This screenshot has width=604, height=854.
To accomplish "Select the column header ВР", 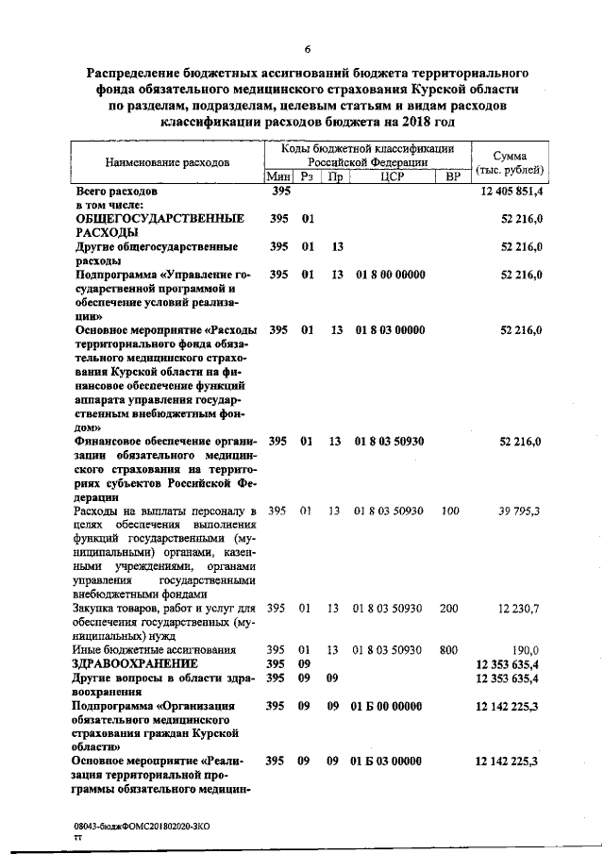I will [x=454, y=176].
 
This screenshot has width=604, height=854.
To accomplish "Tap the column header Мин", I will [x=277, y=176].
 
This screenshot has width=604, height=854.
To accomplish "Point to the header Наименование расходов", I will [x=167, y=162].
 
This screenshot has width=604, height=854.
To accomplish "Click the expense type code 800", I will [x=449, y=650].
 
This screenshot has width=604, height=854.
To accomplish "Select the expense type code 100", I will [x=449, y=511].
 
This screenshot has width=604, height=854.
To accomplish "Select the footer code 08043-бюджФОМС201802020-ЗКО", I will [x=143, y=826].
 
